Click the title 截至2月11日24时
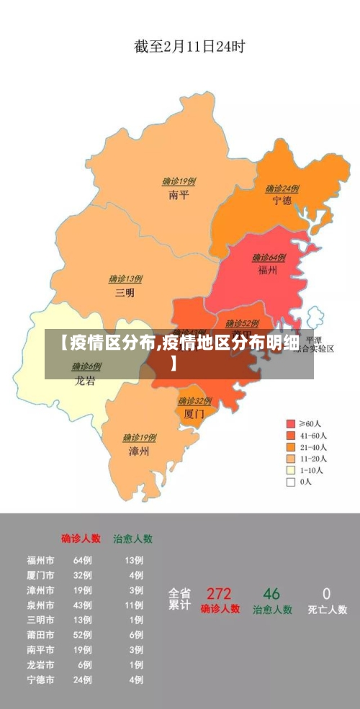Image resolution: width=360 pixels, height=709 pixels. tap(189, 47)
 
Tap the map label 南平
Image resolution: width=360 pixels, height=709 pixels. tap(179, 195)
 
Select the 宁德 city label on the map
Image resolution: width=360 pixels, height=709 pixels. tap(282, 201)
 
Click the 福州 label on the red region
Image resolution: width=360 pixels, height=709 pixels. tap(268, 271)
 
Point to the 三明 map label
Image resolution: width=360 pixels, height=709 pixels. tap(125, 293)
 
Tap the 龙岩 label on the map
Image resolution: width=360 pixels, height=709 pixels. tap(85, 381)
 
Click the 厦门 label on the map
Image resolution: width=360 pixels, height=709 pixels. tap(194, 415)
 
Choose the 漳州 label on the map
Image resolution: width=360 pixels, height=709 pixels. tap(139, 451)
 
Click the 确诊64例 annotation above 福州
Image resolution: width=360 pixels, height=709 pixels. tap(269, 258)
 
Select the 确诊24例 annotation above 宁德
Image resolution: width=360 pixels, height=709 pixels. tap(282, 189)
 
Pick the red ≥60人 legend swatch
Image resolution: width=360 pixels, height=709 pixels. tap(291, 424)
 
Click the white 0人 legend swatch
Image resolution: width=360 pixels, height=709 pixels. tap(291, 482)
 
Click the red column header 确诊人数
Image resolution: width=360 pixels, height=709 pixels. tap(81, 538)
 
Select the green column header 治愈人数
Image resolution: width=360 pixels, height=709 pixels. tap(132, 538)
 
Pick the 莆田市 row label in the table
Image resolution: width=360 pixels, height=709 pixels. tap(40, 635)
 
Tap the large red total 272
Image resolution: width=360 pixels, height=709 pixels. tap(219, 594)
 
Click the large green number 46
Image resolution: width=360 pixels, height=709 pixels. tap(271, 594)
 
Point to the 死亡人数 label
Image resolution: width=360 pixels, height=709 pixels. tap(327, 610)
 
